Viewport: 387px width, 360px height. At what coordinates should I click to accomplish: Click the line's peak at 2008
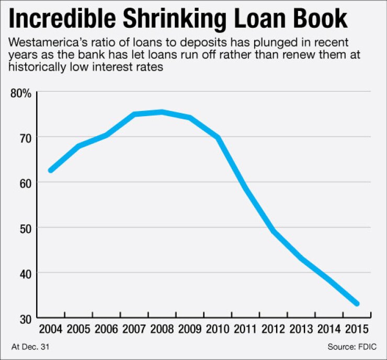162,111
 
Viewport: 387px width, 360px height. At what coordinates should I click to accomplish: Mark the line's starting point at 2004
50,171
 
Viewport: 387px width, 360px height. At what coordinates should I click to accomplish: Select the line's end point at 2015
357,303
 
